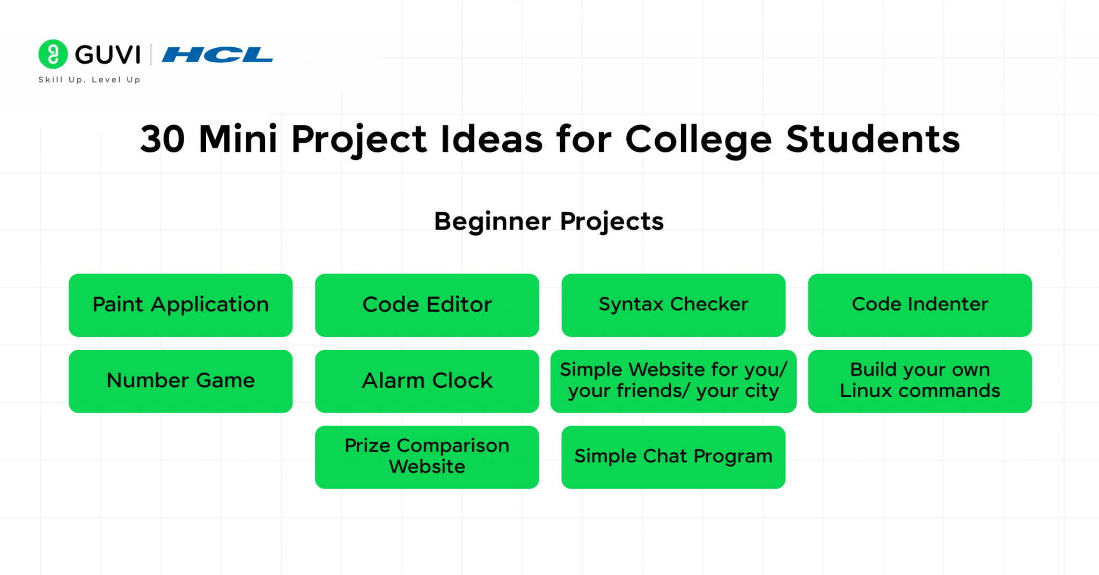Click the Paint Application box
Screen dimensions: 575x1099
[180, 305]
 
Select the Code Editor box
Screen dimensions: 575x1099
[427, 305]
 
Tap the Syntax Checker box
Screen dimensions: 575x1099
[673, 305]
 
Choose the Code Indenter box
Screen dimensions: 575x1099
[920, 305]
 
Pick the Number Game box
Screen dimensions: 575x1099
[180, 381]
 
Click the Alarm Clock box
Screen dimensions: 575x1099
[427, 381]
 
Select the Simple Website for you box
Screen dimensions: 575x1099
[673, 381]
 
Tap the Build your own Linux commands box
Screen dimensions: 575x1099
[920, 381]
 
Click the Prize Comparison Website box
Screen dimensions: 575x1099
[427, 457]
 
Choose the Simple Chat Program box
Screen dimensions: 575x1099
[673, 457]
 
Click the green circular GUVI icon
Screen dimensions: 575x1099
[53, 54]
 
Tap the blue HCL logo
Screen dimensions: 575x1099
[217, 55]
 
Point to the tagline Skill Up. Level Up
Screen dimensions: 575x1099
[89, 80]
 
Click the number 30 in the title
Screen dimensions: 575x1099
[162, 139]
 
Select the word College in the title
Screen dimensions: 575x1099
[698, 139]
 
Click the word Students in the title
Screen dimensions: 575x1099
[873, 139]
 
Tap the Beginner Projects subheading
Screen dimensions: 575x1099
[548, 222]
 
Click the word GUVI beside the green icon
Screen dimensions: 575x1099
[108, 55]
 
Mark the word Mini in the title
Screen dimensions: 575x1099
[238, 139]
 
